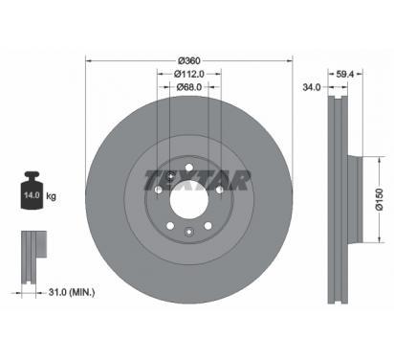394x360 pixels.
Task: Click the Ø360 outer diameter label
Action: (x=189, y=60)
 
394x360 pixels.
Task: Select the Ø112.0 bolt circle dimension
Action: (x=189, y=74)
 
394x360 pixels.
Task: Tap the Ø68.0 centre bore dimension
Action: (x=189, y=87)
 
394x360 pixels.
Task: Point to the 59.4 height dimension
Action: (x=345, y=74)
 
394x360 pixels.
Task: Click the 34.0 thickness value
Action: (x=311, y=87)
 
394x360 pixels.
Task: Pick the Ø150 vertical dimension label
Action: (x=380, y=199)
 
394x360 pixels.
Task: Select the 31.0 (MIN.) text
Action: (x=72, y=292)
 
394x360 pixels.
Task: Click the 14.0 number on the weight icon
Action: (x=32, y=195)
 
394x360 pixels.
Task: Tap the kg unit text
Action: (x=51, y=195)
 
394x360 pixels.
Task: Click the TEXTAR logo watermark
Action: (x=197, y=181)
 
